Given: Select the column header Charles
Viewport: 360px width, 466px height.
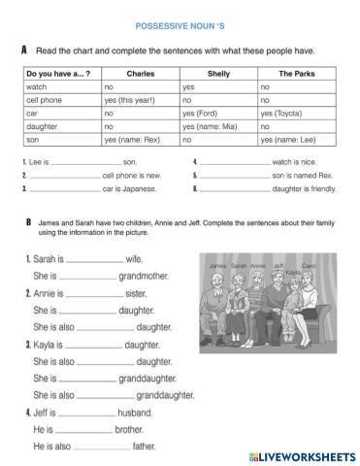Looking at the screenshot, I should (141, 73).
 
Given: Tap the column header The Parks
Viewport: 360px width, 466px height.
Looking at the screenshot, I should (297, 73).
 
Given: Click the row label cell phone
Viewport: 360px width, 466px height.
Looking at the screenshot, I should (44, 99).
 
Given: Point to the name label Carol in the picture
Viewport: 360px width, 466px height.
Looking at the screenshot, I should (311, 264).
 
